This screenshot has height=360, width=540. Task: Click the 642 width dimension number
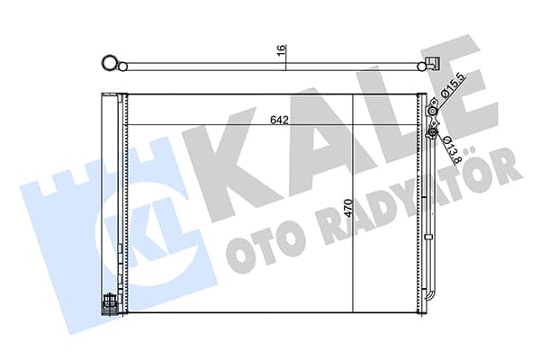click(279, 120)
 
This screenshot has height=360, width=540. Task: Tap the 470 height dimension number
click(348, 208)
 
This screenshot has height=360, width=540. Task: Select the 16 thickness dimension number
click(282, 49)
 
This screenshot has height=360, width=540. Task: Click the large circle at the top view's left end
click(110, 63)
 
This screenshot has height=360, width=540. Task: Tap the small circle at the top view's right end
click(421, 67)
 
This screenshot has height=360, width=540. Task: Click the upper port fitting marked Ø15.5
click(432, 110)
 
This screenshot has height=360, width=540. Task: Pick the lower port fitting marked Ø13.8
click(432, 132)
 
